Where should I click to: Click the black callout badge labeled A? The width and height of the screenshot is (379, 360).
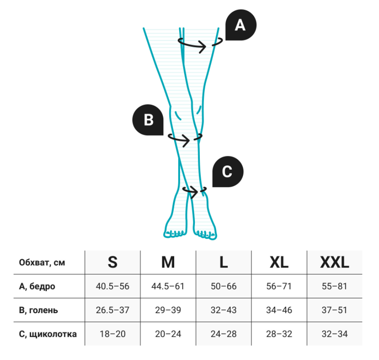click(x=241, y=25)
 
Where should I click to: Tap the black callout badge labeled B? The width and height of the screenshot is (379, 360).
click(x=148, y=120)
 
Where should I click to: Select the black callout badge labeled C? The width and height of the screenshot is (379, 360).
click(x=227, y=171)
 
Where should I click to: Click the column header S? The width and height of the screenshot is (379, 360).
click(x=112, y=263)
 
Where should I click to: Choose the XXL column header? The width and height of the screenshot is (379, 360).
click(x=335, y=263)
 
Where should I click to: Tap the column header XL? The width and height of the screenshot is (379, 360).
click(x=279, y=263)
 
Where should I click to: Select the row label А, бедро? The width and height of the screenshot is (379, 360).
click(x=37, y=286)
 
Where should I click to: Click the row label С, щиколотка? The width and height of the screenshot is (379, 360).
click(x=48, y=334)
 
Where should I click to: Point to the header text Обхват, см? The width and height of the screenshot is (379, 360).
click(x=42, y=263)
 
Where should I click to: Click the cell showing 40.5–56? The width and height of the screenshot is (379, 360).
click(x=112, y=286)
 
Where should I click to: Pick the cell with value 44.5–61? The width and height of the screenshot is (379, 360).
click(x=168, y=286)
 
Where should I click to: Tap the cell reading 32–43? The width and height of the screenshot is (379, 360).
click(x=224, y=310)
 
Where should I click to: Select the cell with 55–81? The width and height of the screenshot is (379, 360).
click(x=335, y=286)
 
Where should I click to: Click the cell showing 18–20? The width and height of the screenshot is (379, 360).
click(x=112, y=334)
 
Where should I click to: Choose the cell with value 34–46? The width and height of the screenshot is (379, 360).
click(x=279, y=310)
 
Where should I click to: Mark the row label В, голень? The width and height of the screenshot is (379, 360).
click(x=39, y=310)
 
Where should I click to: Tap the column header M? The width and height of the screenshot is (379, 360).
click(x=168, y=263)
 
